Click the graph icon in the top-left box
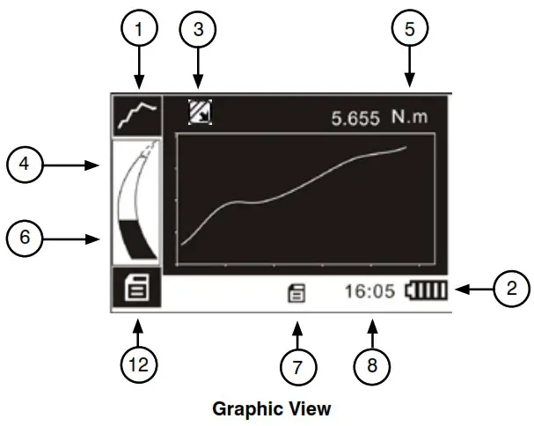(x=136, y=114)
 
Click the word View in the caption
(x=309, y=408)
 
